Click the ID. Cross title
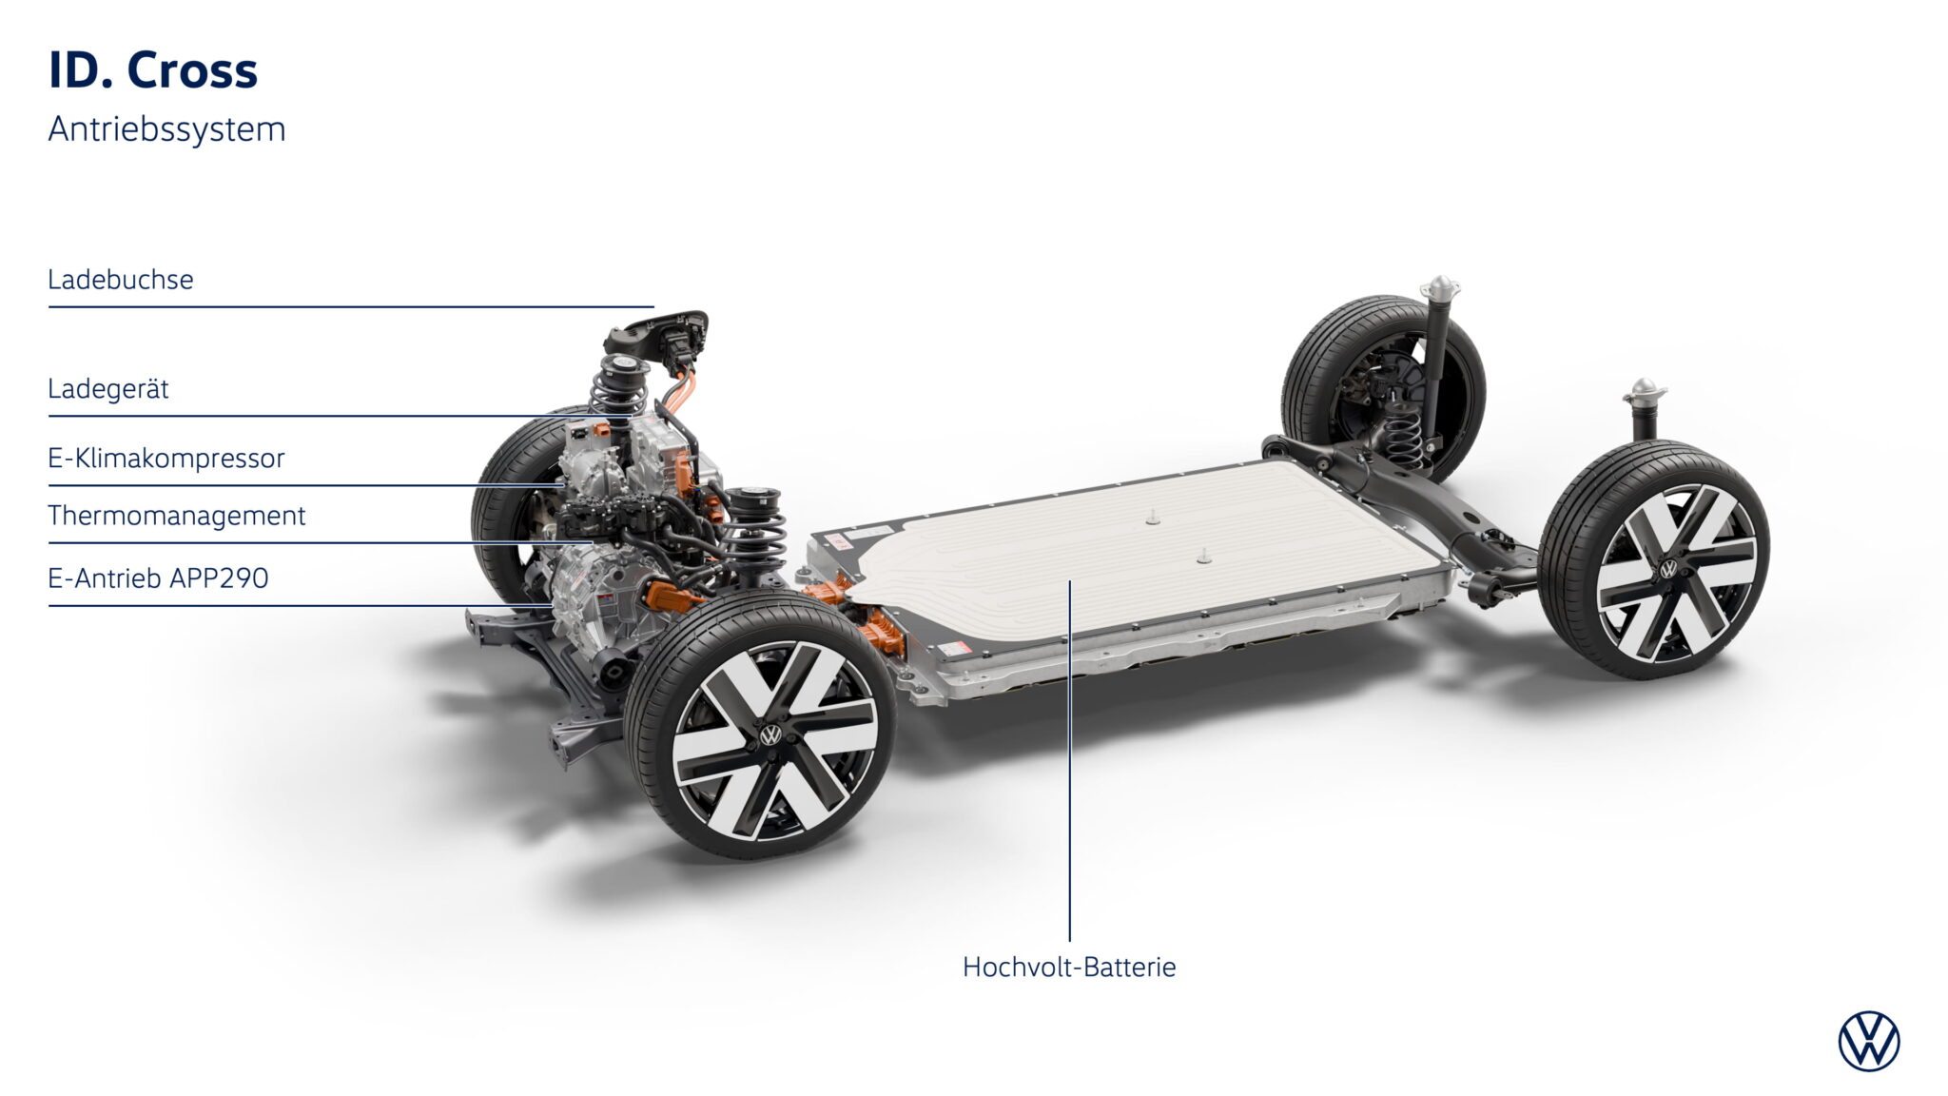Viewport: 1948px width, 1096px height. [x=153, y=70]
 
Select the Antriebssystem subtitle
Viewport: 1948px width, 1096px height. [x=166, y=129]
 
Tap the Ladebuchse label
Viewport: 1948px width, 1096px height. [x=121, y=280]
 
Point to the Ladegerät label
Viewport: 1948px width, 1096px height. [x=108, y=389]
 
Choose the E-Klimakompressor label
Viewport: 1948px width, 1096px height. [x=166, y=459]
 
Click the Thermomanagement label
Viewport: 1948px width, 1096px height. [x=177, y=516]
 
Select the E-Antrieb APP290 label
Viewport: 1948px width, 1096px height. [x=159, y=578]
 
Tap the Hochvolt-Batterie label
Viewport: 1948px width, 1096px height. [x=1069, y=968]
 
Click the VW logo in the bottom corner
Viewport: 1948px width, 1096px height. [x=1869, y=1041]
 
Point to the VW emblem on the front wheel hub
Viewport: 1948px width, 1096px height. [x=770, y=734]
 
